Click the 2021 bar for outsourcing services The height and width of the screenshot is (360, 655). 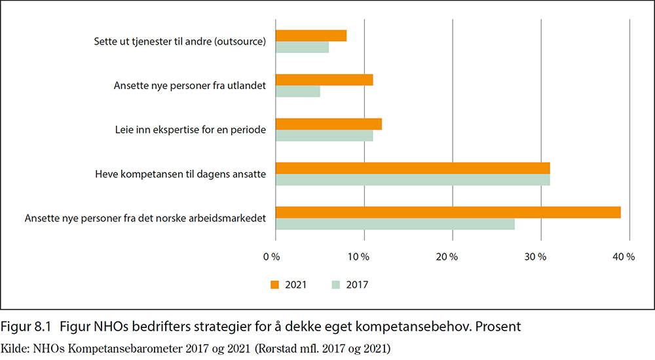(311, 36)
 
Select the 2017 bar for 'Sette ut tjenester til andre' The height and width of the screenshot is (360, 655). (302, 48)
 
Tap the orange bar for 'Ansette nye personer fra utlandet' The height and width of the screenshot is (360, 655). (324, 80)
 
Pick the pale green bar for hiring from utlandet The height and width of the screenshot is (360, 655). (298, 92)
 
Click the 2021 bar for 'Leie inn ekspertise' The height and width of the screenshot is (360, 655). (329, 124)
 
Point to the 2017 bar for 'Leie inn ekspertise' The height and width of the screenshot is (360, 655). (324, 135)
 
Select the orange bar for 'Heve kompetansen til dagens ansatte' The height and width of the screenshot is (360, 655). (413, 168)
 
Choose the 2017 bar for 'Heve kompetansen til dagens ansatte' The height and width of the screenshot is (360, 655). (413, 179)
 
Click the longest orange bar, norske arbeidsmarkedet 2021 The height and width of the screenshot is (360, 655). (448, 212)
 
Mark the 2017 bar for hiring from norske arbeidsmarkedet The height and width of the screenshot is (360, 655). (395, 224)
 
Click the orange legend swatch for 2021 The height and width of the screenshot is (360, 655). (275, 285)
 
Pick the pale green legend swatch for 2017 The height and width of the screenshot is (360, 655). (337, 285)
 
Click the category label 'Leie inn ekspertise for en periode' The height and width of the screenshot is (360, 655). (190, 130)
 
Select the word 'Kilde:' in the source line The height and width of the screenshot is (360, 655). (15, 348)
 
